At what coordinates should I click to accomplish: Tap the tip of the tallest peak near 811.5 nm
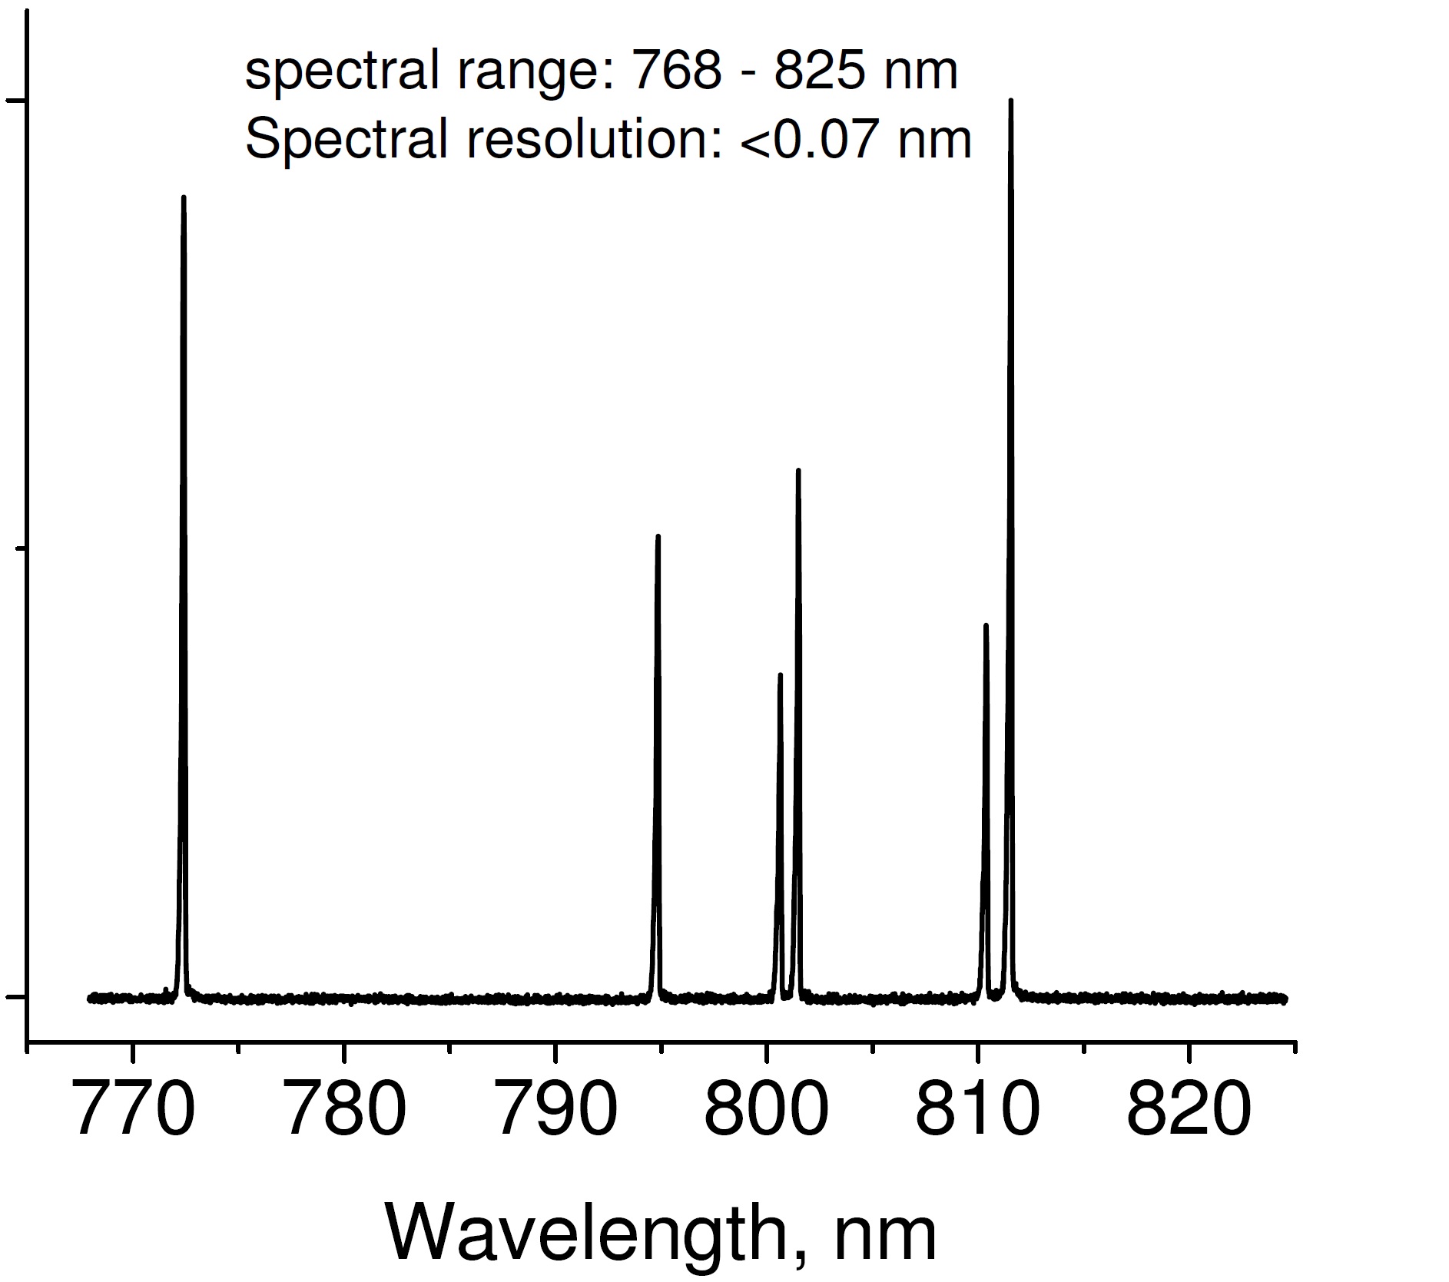[1010, 101]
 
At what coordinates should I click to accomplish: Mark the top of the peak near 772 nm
[184, 197]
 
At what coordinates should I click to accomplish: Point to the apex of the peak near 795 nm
[658, 536]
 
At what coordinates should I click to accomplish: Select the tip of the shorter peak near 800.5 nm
[780, 675]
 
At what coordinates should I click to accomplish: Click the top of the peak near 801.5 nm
[798, 470]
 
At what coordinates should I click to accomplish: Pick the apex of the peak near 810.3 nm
[986, 625]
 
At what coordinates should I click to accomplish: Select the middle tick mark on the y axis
[21, 548]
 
